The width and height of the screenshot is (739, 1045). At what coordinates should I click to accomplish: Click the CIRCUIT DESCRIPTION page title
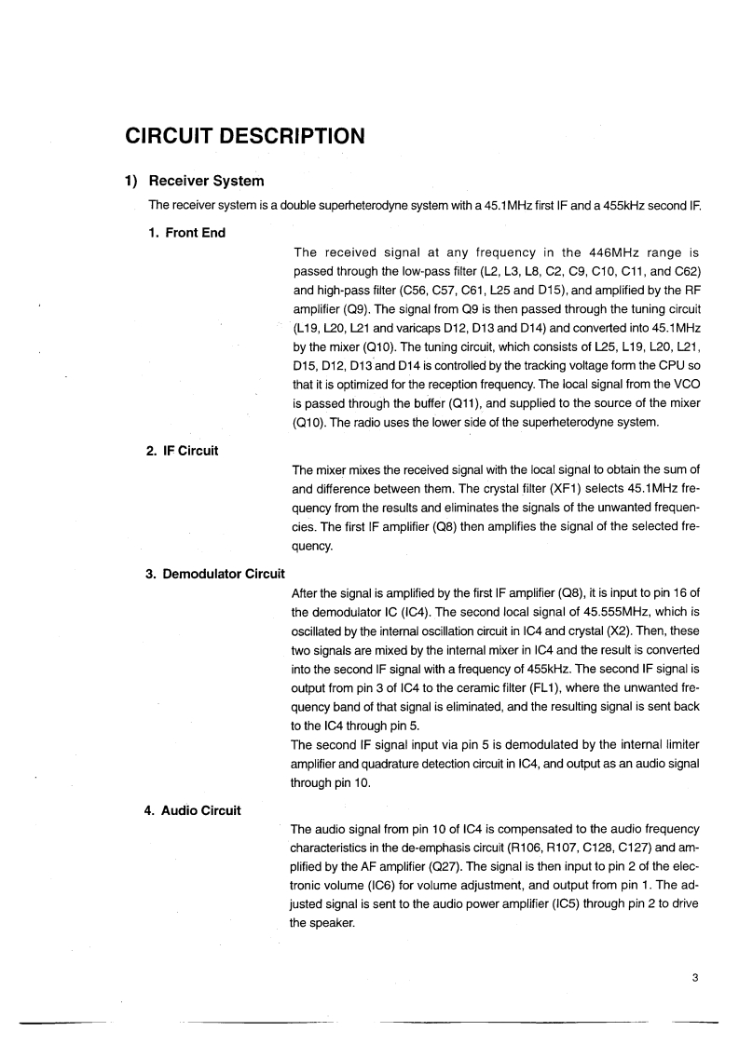244,136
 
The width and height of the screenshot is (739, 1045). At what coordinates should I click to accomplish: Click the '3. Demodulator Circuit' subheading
214,573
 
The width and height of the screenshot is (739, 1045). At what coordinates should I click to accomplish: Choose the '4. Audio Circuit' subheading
193,810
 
